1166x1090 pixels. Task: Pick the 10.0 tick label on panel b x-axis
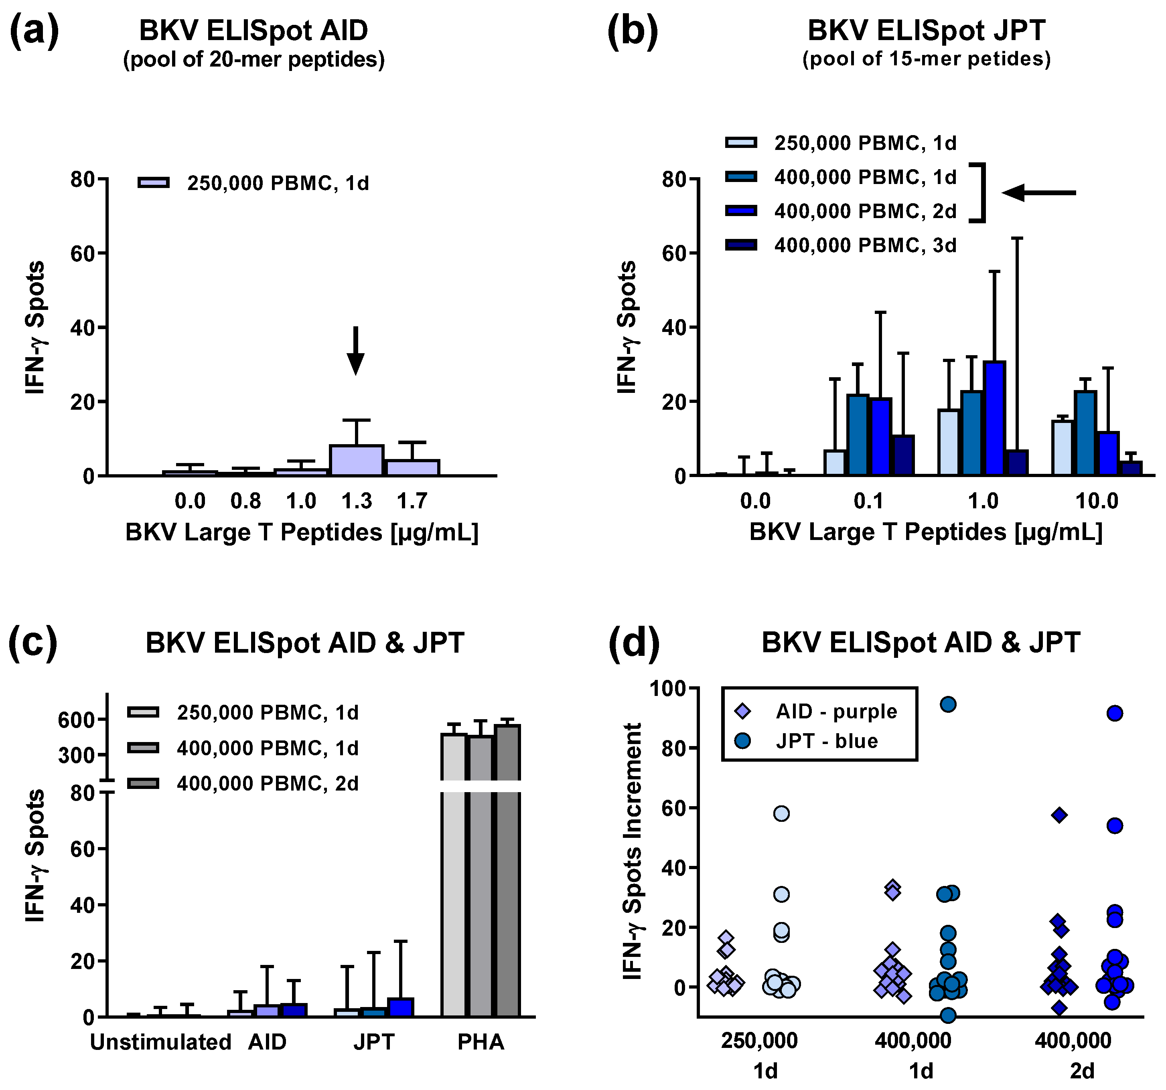coord(1096,502)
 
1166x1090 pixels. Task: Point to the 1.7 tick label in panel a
coord(412,502)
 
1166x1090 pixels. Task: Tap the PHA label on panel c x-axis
coord(481,1042)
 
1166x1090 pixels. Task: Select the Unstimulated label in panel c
coord(160,1042)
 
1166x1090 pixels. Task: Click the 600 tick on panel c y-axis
coord(76,720)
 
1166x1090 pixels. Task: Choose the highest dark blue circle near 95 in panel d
coord(948,704)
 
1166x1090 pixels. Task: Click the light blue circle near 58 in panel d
coord(781,813)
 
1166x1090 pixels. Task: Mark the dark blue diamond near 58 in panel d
coord(1059,815)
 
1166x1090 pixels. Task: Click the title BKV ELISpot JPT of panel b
coord(926,30)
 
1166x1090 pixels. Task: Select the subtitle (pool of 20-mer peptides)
coord(253,60)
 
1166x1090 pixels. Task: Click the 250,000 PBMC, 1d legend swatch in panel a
coord(154,183)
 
